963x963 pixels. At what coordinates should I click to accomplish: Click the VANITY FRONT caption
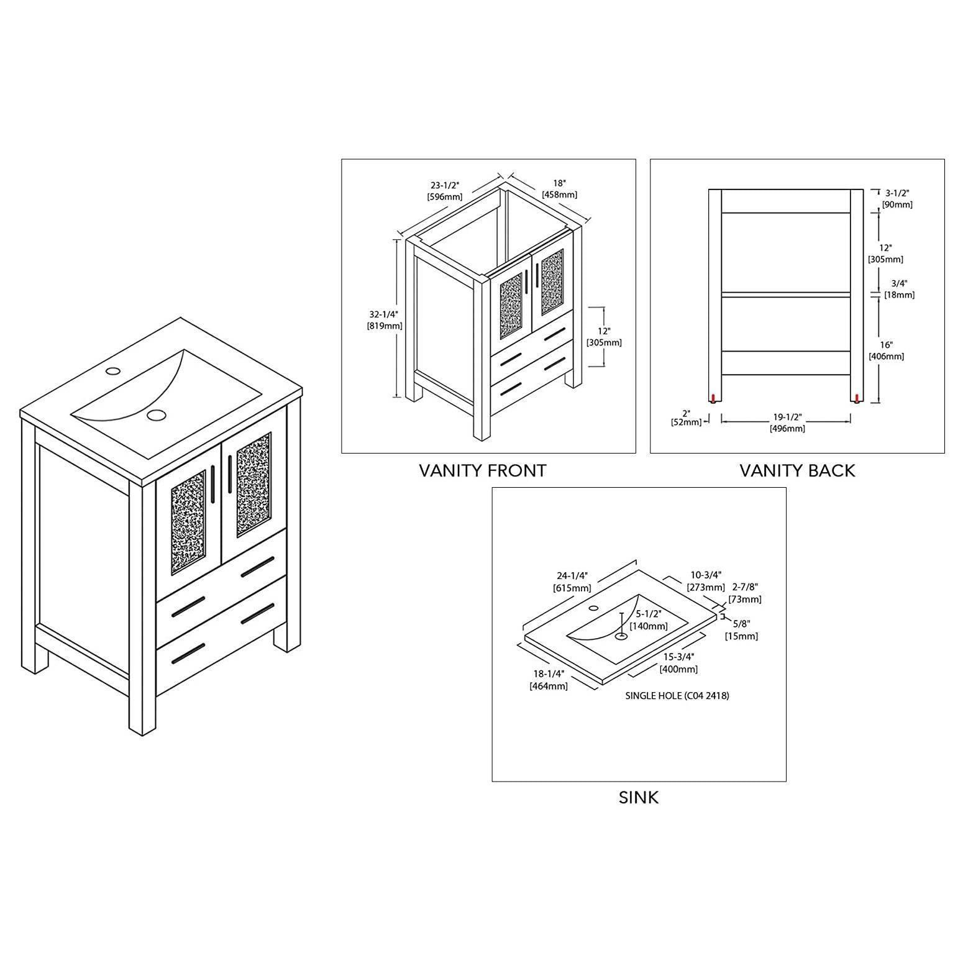tap(482, 471)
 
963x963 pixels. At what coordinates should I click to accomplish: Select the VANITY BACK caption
tap(797, 471)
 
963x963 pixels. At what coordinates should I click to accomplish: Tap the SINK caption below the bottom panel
tap(638, 798)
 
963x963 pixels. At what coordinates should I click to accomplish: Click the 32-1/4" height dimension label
tap(383, 319)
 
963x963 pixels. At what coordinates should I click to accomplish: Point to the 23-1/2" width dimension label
tap(445, 191)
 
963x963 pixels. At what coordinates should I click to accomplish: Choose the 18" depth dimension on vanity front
tap(560, 188)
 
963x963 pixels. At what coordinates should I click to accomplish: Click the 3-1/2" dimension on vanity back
tap(897, 198)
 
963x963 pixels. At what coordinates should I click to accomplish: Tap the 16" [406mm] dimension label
tap(886, 350)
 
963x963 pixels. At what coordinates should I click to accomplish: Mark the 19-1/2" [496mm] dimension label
tap(787, 422)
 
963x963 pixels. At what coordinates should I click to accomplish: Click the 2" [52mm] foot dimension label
tap(686, 418)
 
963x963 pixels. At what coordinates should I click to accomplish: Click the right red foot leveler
tap(857, 398)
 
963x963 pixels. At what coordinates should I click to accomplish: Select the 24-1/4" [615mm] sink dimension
tap(572, 581)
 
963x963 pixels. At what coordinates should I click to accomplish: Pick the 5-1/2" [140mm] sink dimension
tap(649, 620)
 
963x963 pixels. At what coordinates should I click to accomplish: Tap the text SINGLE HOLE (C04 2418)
tap(677, 696)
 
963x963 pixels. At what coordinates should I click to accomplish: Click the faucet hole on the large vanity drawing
tap(112, 372)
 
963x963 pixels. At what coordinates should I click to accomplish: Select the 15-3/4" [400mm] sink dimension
tap(678, 663)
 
